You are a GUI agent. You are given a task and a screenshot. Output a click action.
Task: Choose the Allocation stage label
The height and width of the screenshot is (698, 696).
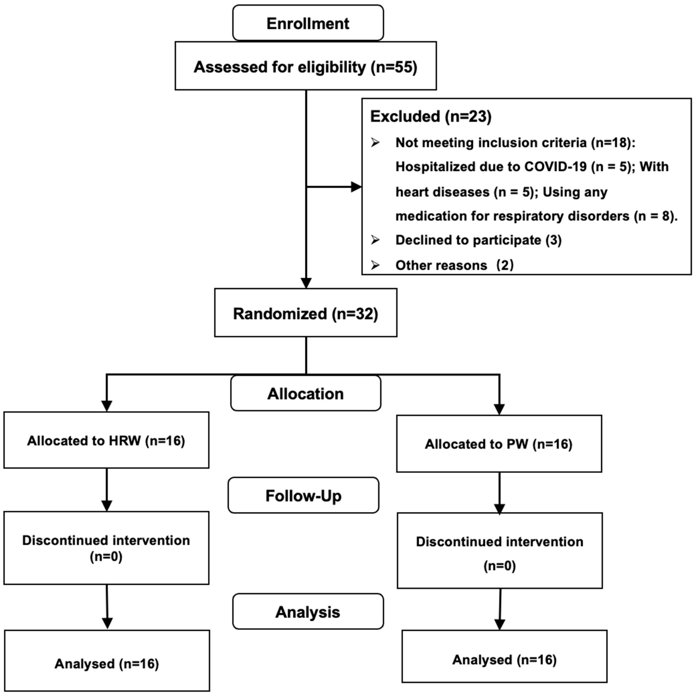click(306, 393)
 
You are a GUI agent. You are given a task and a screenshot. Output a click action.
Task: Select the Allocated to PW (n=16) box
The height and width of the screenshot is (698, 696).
click(499, 444)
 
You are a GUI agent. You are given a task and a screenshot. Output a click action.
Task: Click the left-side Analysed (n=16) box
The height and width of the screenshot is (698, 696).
click(107, 663)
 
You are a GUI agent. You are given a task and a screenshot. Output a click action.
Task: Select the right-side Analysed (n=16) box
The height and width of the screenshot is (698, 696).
click(504, 660)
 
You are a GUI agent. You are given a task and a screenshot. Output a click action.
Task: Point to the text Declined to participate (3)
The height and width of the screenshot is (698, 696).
click(478, 240)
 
